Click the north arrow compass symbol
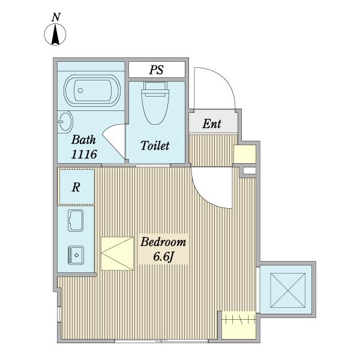point(55,34)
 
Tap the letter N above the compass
point(56,17)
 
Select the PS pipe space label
point(157,70)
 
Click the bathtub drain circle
point(80,91)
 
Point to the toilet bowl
point(155,108)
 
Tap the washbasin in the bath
point(65,122)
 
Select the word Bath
point(83,140)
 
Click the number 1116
point(84,154)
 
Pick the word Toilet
point(155,146)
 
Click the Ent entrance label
point(212,124)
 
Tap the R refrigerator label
point(76,187)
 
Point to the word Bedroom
point(163,242)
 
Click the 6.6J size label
point(163,256)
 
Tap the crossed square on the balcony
point(287,290)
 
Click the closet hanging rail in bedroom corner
point(239,319)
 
